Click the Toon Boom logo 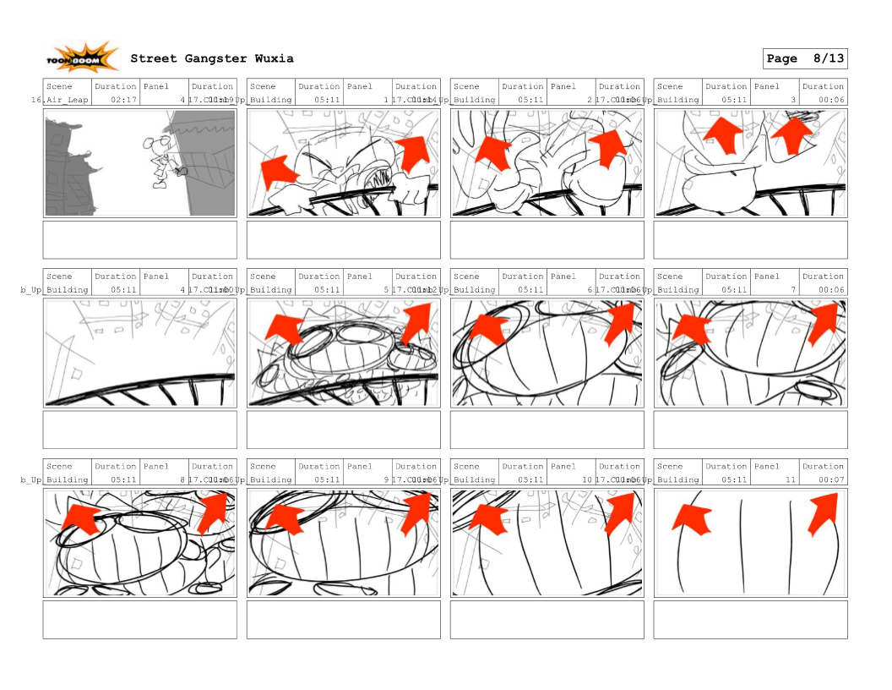(x=83, y=58)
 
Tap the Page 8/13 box (x=804, y=58)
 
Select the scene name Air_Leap (x=67, y=100)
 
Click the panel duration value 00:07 (x=831, y=479)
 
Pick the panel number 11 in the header (x=791, y=479)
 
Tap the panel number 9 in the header (x=386, y=479)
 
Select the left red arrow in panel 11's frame (x=691, y=515)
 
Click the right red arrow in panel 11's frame (x=825, y=513)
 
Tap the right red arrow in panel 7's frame (x=825, y=323)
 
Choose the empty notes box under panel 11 (x=750, y=620)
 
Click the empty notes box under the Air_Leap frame (x=139, y=240)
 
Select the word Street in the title (x=154, y=58)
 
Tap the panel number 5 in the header (x=386, y=289)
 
